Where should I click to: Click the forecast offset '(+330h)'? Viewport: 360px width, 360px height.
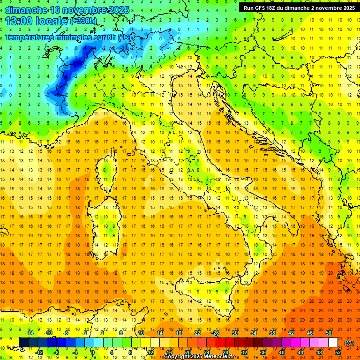83,21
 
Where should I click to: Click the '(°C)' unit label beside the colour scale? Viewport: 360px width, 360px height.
349,343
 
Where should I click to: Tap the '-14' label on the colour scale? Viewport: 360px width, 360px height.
30,333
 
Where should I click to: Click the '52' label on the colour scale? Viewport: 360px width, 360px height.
338,352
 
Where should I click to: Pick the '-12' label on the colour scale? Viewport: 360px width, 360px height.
39,352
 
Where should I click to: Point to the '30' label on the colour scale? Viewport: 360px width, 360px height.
234,333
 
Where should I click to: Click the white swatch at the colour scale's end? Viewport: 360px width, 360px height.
333,343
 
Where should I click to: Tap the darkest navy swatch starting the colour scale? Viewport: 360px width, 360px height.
23,343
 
